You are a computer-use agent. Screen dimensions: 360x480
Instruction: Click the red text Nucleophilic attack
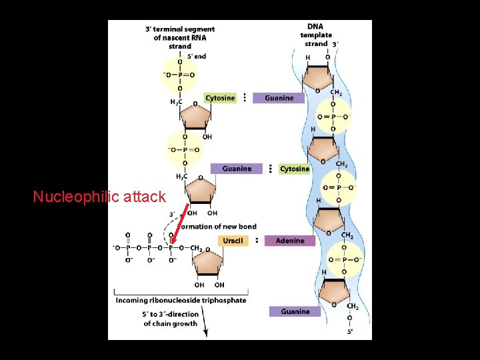[99, 197]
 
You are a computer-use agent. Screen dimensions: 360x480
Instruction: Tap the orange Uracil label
[232, 241]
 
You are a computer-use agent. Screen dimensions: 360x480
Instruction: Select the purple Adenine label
[289, 241]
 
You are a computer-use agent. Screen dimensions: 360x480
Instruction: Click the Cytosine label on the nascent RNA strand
[219, 98]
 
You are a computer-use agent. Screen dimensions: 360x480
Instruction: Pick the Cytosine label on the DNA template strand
[294, 169]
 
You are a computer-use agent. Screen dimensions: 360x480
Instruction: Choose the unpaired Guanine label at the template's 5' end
[294, 311]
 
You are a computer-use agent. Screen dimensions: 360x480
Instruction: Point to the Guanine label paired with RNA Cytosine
[278, 98]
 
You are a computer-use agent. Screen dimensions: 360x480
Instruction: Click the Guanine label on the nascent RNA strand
[237, 169]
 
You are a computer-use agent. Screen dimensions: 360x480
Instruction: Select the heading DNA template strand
[316, 35]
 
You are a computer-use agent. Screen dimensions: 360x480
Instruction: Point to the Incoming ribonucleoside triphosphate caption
[181, 301]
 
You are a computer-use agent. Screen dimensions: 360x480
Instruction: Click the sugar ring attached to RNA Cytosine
[195, 117]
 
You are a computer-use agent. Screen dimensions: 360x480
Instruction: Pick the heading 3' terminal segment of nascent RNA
[180, 37]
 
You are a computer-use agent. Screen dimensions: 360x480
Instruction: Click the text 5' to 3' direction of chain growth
[171, 319]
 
